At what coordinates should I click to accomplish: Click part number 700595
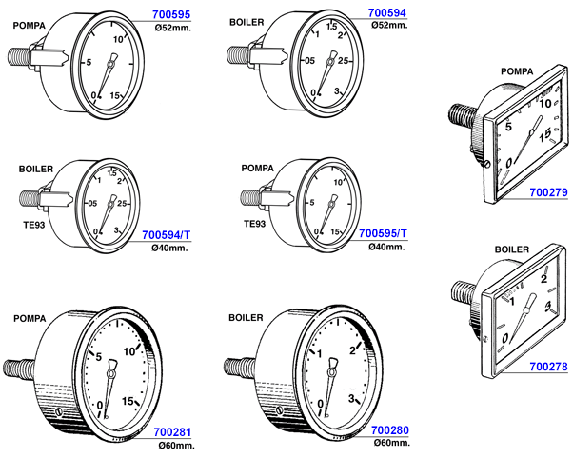point(171,14)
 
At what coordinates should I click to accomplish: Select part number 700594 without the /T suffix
point(387,12)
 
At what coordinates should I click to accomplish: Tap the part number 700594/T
point(167,235)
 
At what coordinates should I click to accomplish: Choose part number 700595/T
point(383,233)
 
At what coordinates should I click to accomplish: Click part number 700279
point(548,192)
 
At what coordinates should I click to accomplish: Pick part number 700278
point(548,367)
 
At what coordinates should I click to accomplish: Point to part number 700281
point(172,432)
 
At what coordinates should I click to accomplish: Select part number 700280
point(390,430)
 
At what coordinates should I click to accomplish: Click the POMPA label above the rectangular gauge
point(517,71)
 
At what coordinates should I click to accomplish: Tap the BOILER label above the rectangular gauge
point(512,249)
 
